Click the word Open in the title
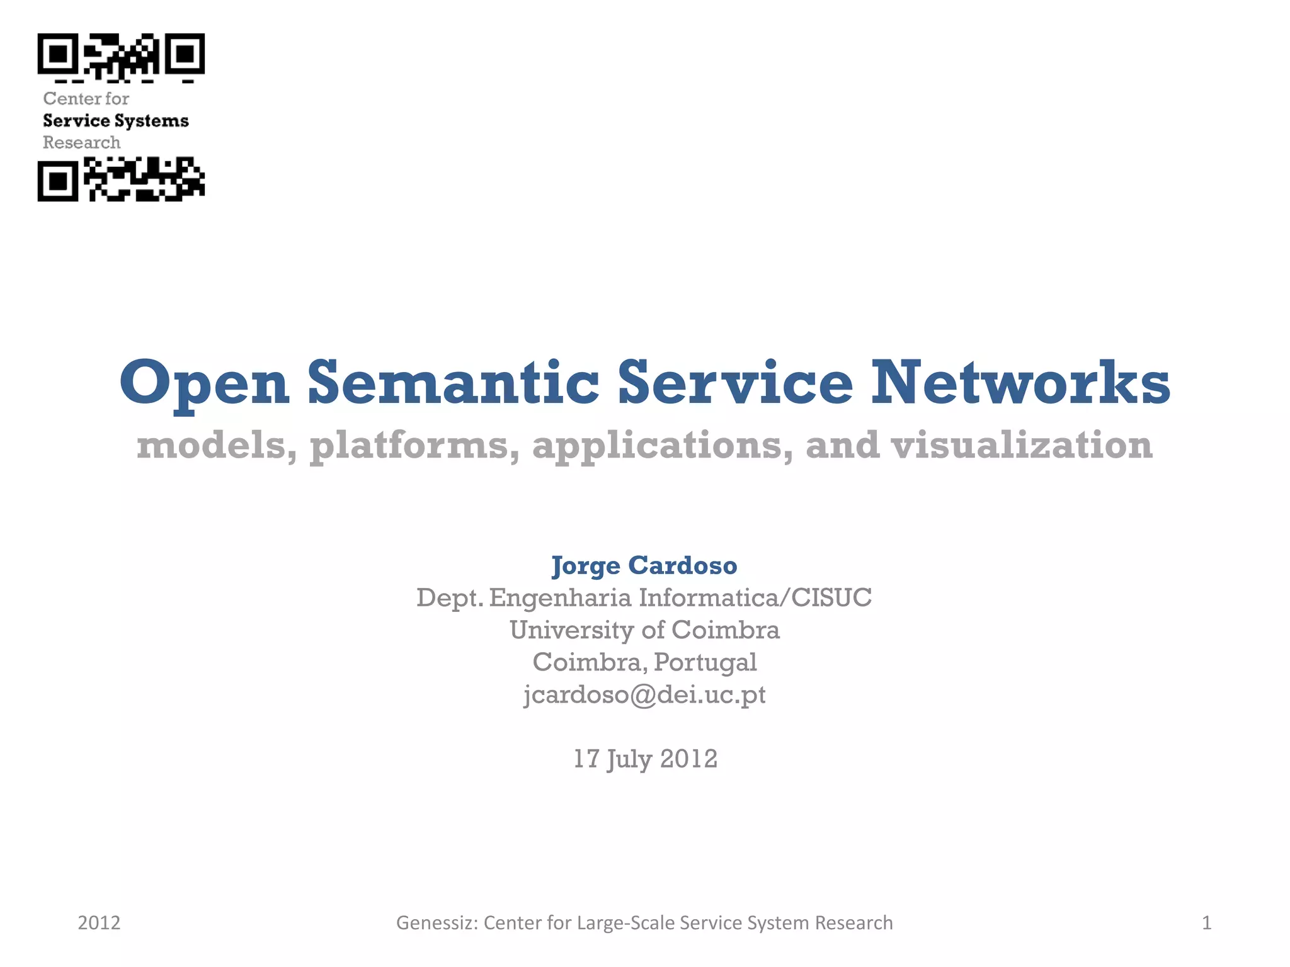(x=205, y=383)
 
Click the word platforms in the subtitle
(x=414, y=446)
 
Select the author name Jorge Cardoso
(x=644, y=565)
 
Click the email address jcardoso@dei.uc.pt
(x=644, y=694)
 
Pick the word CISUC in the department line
(x=831, y=597)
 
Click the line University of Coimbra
(x=644, y=630)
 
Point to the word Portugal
(x=705, y=662)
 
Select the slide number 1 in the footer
(x=1206, y=923)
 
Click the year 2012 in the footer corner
(x=99, y=923)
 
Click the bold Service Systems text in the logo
(x=116, y=120)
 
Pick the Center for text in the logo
(x=86, y=98)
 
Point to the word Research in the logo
(x=81, y=142)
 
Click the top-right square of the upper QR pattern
(x=185, y=54)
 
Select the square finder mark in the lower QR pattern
(x=58, y=181)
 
